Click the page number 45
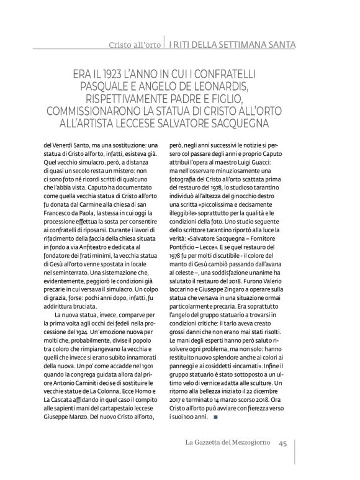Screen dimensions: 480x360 (282, 443)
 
